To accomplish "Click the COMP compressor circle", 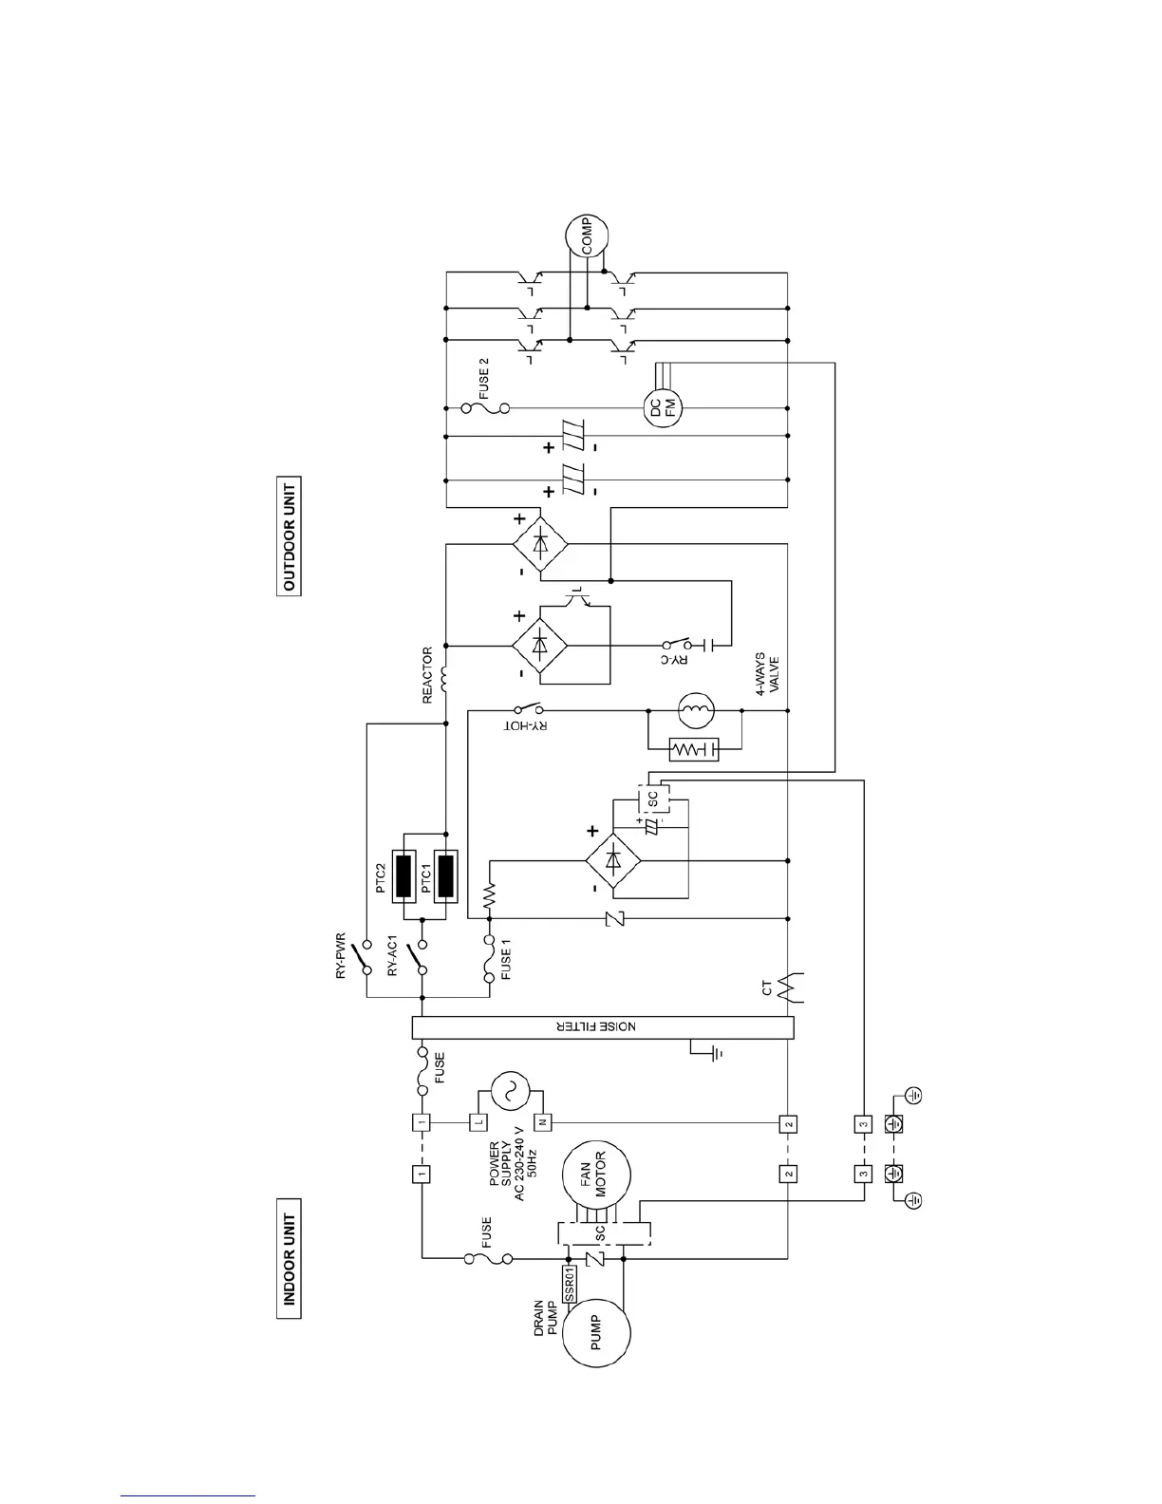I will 580,235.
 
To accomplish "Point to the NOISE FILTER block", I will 602,1027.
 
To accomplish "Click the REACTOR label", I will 428,676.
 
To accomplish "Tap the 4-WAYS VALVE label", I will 767,674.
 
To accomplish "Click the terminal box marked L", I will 478,1121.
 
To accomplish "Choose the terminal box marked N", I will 542,1121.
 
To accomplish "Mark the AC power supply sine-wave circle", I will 510,1092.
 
